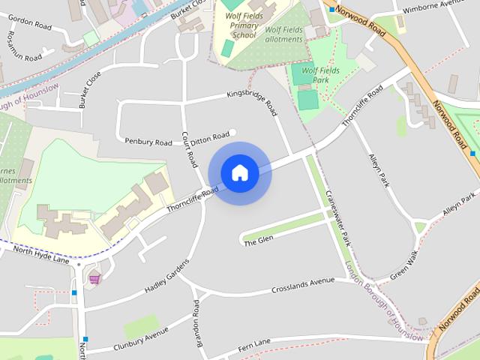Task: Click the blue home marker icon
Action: point(239,173)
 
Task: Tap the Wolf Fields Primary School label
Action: point(239,23)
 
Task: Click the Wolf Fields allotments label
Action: point(283,34)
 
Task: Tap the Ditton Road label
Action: point(209,136)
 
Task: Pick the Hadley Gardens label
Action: point(166,278)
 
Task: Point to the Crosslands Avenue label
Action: point(303,285)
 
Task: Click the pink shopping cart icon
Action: point(94,279)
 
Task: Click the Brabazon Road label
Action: point(197,319)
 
